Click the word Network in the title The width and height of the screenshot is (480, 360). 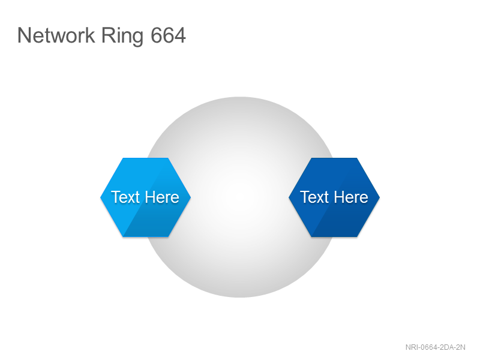tap(56, 35)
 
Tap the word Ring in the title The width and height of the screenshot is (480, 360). tap(122, 37)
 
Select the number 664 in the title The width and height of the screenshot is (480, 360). tap(168, 35)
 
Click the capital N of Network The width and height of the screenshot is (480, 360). tap(23, 35)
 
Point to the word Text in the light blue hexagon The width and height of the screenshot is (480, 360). tap(125, 197)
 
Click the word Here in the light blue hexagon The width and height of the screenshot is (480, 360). tap(162, 197)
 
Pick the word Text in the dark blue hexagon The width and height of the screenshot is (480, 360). tap(314, 197)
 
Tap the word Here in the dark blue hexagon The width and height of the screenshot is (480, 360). tap(351, 197)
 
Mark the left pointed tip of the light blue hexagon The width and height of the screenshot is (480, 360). tap(101, 197)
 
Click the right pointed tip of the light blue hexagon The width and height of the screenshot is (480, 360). tap(191, 197)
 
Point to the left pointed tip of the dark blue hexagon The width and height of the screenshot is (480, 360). tap(289, 197)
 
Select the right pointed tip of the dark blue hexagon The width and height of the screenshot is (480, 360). tap(380, 197)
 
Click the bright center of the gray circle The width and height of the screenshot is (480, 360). tap(240, 197)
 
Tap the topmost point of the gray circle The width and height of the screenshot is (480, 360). tap(240, 97)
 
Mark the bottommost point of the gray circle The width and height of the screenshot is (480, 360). tap(240, 297)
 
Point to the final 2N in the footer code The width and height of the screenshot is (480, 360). tap(461, 347)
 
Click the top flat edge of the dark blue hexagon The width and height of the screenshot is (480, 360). tap(334, 158)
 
